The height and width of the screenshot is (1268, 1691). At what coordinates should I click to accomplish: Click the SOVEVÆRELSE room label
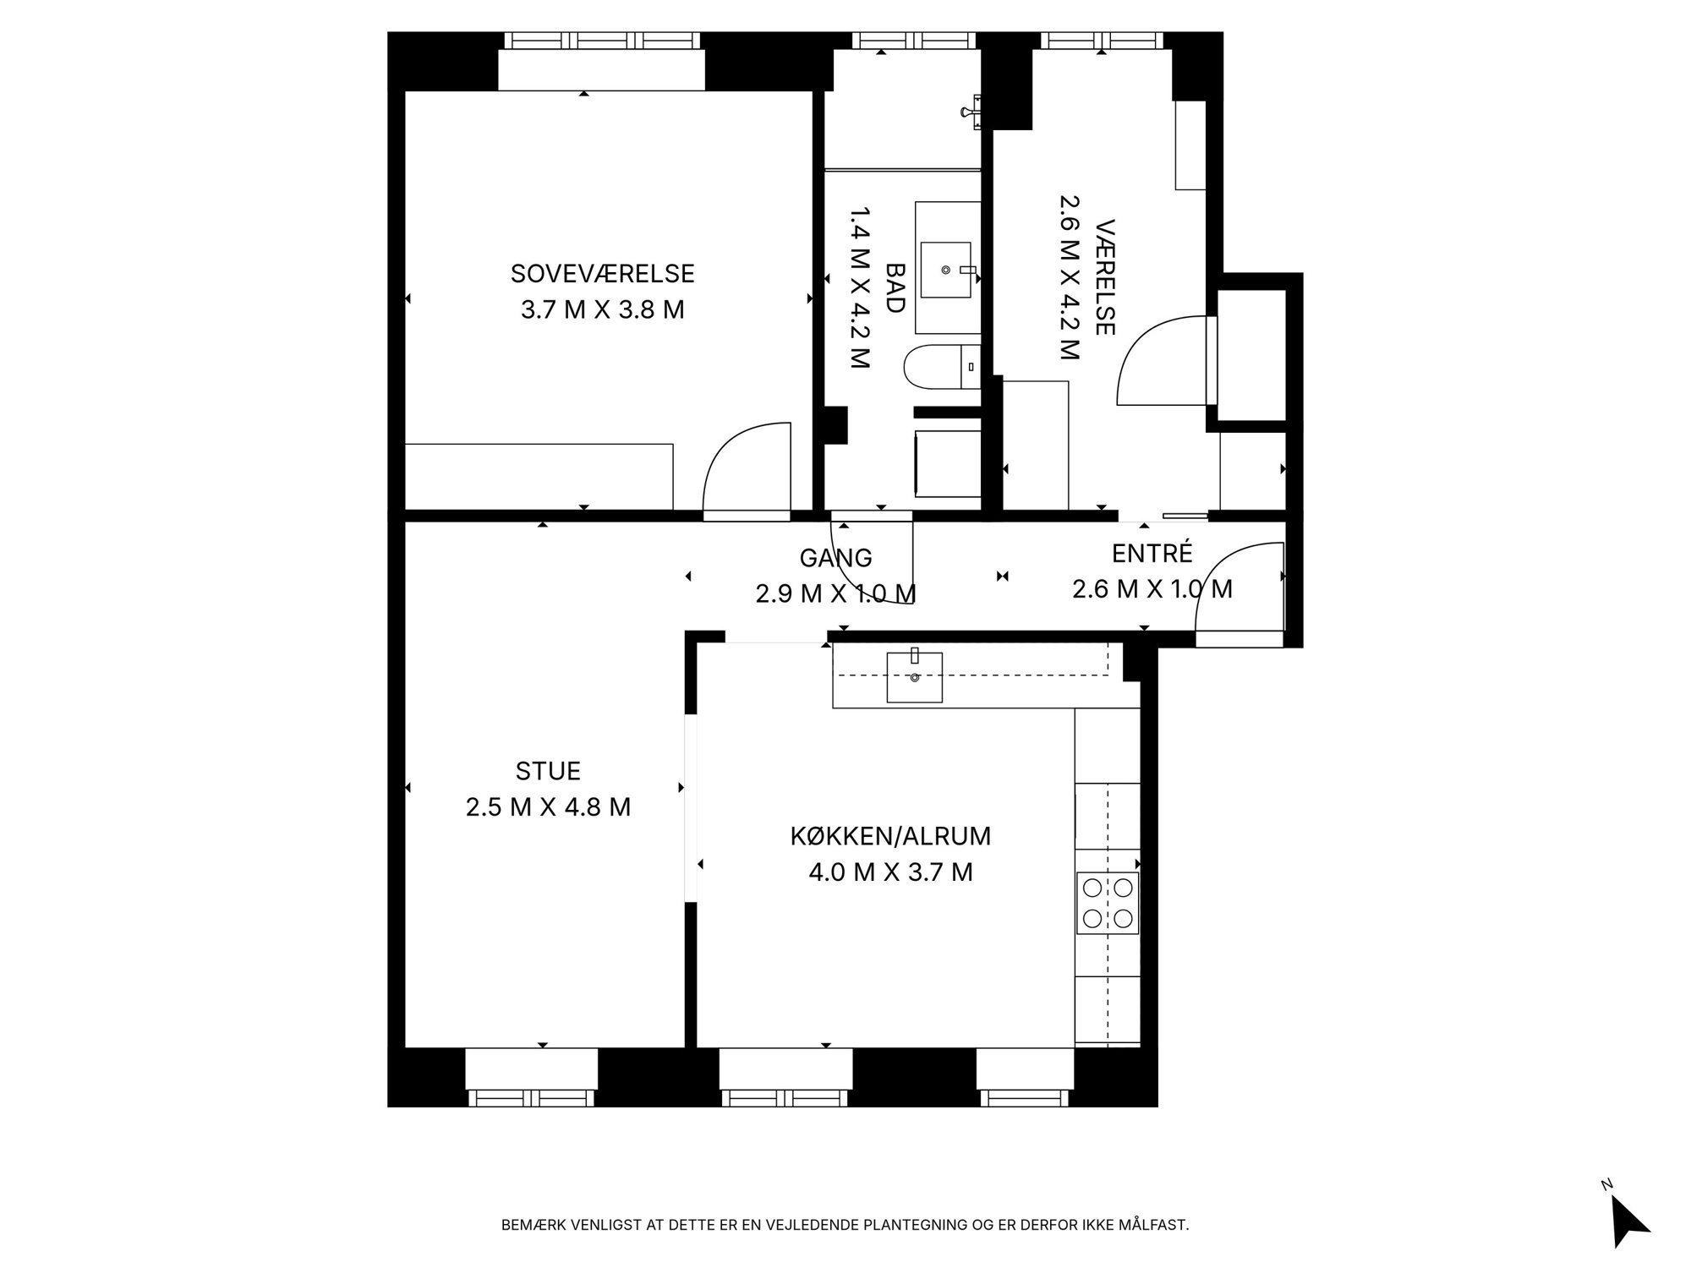click(x=603, y=274)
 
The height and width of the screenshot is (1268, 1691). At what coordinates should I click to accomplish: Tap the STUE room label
click(x=548, y=771)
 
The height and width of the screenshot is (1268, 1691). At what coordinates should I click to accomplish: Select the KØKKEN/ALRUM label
click(x=890, y=836)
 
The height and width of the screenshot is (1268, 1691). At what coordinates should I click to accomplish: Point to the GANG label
click(x=835, y=558)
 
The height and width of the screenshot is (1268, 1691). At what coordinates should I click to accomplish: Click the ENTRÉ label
click(x=1152, y=553)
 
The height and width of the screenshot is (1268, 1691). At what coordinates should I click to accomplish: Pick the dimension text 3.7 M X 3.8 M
click(x=603, y=309)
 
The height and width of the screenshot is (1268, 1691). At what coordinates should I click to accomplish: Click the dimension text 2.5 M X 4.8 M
click(x=548, y=807)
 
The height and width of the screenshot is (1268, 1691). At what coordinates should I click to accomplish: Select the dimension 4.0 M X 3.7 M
click(x=890, y=872)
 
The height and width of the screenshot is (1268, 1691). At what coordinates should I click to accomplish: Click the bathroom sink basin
click(x=946, y=270)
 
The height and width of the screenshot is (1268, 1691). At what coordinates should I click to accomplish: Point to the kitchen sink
click(x=914, y=677)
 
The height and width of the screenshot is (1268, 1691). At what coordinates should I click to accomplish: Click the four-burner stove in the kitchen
click(x=1108, y=903)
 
